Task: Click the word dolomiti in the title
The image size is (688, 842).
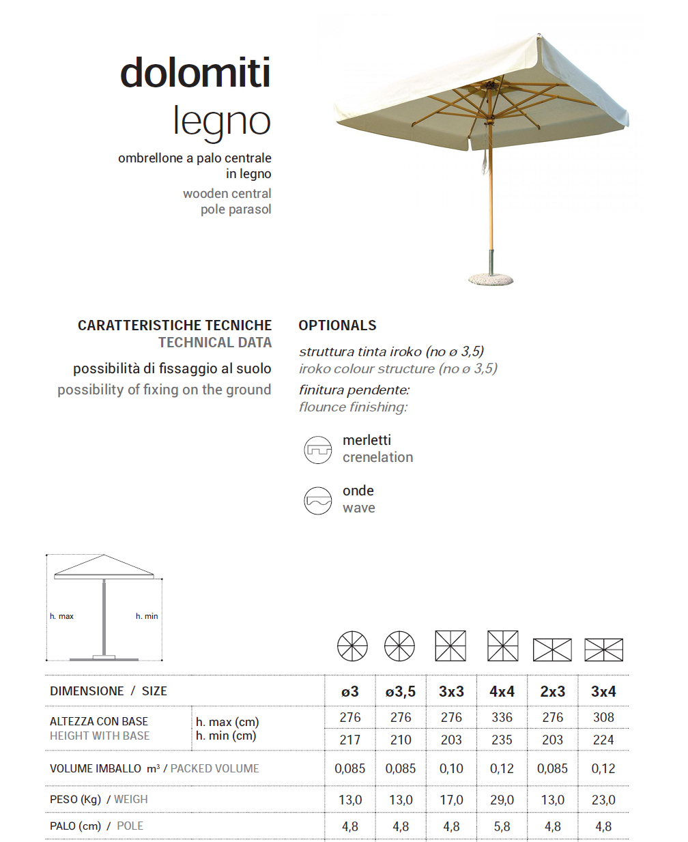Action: click(195, 73)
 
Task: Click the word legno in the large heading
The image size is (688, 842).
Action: click(222, 121)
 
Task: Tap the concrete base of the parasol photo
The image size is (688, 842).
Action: click(491, 278)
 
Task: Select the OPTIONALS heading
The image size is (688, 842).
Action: click(337, 325)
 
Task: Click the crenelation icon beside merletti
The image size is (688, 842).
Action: click(317, 450)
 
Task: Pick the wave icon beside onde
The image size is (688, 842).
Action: click(317, 501)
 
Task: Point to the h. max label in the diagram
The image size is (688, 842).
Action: click(61, 616)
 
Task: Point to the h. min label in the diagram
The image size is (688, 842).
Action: click(147, 616)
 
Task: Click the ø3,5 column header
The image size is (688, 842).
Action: click(401, 691)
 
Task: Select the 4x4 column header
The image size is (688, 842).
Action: click(502, 691)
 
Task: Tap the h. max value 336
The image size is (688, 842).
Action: click(502, 717)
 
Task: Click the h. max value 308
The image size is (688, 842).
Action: click(603, 717)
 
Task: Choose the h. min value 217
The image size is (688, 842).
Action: click(350, 740)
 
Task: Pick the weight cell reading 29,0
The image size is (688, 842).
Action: click(502, 800)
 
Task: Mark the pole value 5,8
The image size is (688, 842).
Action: click(502, 826)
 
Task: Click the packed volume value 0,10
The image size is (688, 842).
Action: click(451, 768)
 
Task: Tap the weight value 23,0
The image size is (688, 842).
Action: click(603, 800)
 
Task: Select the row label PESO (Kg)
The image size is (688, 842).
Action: click(75, 799)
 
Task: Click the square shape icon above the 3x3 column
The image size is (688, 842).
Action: click(450, 646)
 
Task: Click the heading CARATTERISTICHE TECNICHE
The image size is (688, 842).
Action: click(175, 325)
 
